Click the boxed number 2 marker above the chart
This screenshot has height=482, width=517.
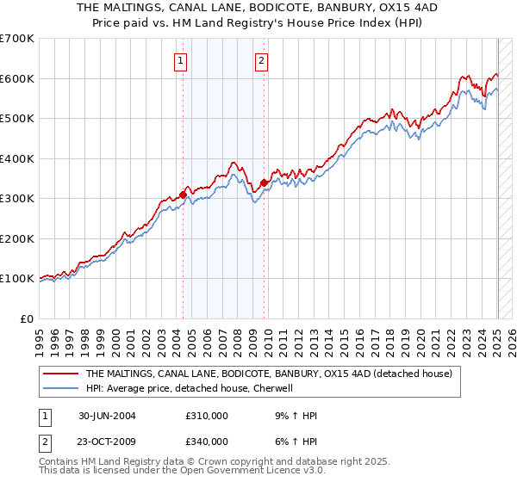[261, 60]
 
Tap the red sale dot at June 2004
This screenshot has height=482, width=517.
[184, 195]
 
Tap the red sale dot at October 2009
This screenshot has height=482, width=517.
[264, 182]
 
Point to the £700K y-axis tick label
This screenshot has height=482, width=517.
[17, 39]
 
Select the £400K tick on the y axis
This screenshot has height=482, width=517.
[17, 158]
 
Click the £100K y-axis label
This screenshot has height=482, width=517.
[17, 279]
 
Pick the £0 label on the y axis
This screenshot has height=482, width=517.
[28, 318]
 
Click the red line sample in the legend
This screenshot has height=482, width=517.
[61, 374]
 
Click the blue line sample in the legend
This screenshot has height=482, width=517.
[61, 389]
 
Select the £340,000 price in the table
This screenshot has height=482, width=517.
[207, 442]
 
